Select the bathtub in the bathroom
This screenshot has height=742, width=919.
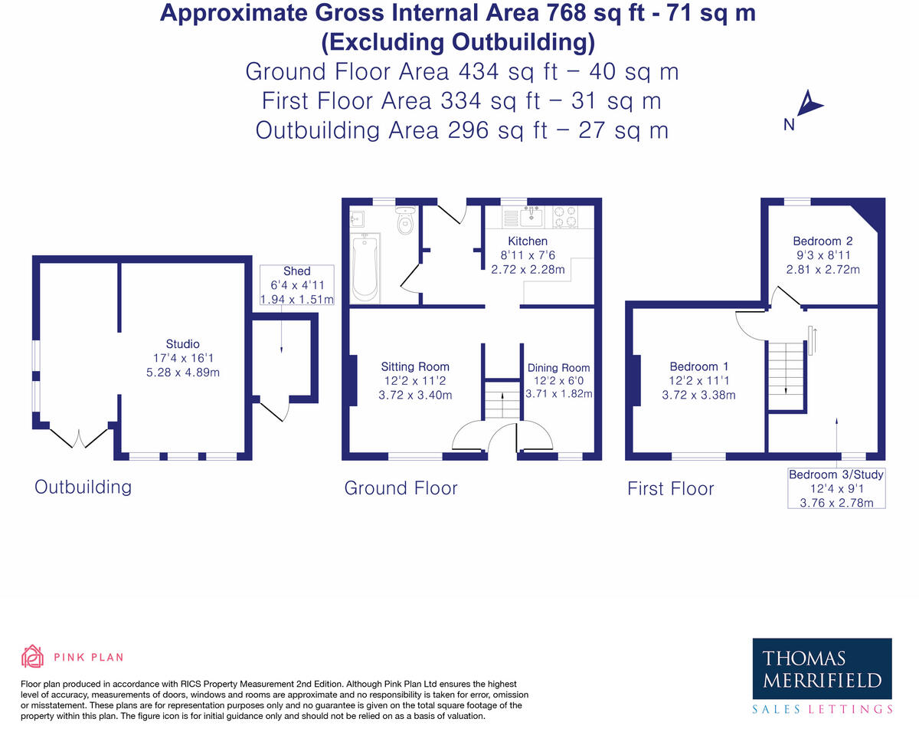click(364, 268)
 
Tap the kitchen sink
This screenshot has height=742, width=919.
click(531, 218)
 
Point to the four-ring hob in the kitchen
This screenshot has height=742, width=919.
click(565, 217)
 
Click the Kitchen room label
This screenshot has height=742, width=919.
click(533, 241)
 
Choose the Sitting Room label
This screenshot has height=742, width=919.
click(415, 367)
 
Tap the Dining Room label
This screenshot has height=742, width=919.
click(559, 368)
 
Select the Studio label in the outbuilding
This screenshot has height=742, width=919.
click(183, 344)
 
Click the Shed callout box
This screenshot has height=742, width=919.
click(297, 285)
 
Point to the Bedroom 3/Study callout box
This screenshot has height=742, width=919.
click(836, 488)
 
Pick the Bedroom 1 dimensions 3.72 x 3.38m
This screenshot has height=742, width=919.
click(698, 396)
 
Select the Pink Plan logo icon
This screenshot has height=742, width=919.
click(32, 657)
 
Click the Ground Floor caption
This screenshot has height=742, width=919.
click(401, 488)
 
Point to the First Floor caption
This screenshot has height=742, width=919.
click(670, 488)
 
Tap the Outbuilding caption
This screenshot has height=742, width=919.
click(83, 487)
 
